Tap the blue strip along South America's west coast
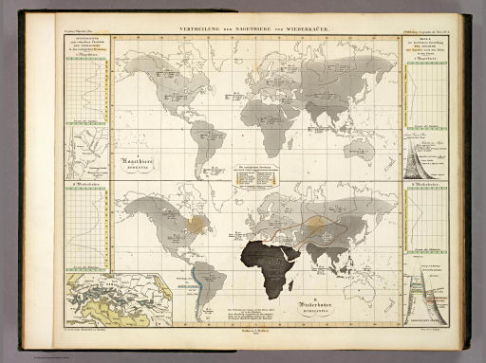pos(196,275)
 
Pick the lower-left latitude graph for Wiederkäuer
pos(86,227)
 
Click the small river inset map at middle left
pos(86,152)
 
